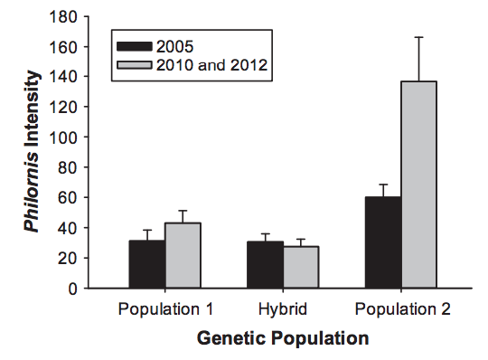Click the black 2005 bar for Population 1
click(x=147, y=264)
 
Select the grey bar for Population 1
click(x=183, y=255)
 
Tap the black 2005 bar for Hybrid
click(x=265, y=265)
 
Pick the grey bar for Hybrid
click(x=301, y=267)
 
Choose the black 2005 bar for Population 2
click(x=383, y=242)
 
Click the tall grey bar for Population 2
click(x=419, y=185)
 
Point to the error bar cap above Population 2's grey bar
click(x=419, y=37)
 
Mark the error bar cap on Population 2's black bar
click(x=383, y=185)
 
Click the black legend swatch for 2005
click(x=135, y=46)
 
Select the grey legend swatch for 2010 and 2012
click(x=135, y=65)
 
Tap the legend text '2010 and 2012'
click(x=211, y=65)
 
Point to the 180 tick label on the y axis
click(x=63, y=16)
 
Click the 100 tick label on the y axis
click(x=63, y=137)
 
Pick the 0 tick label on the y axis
click(x=72, y=289)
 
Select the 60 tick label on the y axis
click(x=67, y=198)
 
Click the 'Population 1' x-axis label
click(x=165, y=309)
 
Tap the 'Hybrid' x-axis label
click(x=283, y=309)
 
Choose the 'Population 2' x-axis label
click(x=403, y=309)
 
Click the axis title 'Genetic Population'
click(x=283, y=338)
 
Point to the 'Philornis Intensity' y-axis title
click(x=33, y=152)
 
